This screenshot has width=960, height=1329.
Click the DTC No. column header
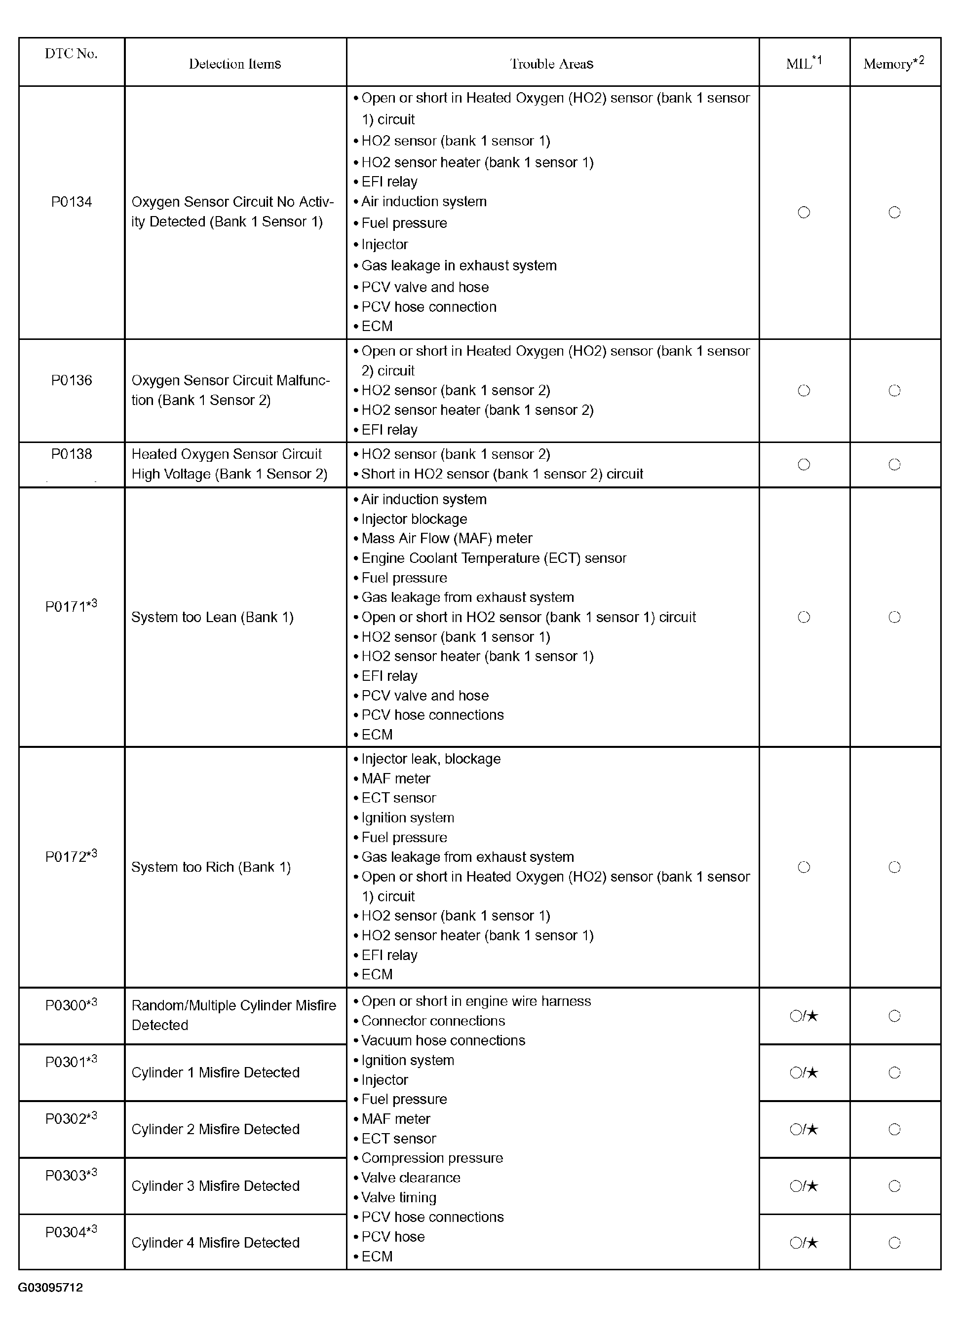pos(71,54)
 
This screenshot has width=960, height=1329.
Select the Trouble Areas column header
pos(552,64)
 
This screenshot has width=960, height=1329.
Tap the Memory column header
pos(894,63)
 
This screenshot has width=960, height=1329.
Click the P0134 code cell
pos(72,202)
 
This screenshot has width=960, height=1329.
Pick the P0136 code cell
pos(72,380)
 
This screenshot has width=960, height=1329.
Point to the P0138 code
pos(72,454)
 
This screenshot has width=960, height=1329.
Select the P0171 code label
pos(71,606)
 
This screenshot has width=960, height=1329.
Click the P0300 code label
pos(71,1005)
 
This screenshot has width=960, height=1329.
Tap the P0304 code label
pos(71,1232)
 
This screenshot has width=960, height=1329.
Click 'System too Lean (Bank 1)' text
pos(212,617)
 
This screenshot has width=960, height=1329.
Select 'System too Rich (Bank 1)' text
pos(211,867)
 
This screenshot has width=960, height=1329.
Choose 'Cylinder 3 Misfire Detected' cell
pos(215,1186)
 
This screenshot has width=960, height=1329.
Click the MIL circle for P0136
pos(804,391)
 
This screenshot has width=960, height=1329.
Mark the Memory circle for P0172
pos(894,867)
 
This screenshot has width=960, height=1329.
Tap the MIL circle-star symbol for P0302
pos(804,1129)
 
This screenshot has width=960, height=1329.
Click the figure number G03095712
pos(50,1288)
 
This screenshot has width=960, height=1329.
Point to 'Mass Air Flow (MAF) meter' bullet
pos(446,539)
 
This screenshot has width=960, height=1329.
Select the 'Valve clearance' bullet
pos(411,1178)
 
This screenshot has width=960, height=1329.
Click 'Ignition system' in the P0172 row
pos(408,818)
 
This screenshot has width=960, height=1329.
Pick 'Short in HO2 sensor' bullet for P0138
pos(502,474)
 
